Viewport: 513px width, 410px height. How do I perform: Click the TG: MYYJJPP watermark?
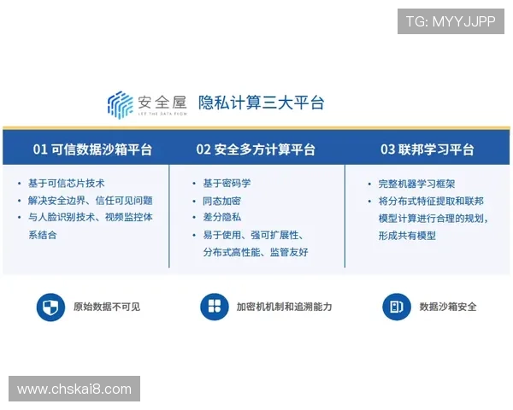tap(451, 21)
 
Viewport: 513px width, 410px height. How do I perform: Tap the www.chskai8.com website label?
tap(74, 389)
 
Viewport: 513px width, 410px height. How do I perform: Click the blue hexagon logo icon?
tap(120, 104)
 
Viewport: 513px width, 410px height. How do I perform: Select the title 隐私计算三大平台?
tap(262, 103)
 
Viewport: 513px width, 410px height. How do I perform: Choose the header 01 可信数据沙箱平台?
tap(92, 149)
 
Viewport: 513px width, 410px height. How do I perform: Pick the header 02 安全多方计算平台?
tap(256, 149)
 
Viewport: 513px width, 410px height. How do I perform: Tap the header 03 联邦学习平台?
tap(427, 149)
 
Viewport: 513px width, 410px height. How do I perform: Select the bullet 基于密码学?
tap(227, 184)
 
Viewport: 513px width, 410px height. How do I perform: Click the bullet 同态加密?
tap(221, 201)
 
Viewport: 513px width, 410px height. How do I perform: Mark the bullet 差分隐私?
tap(221, 218)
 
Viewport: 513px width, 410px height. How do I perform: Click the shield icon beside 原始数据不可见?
tap(50, 307)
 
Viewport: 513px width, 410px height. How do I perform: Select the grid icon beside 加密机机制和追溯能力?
tap(214, 307)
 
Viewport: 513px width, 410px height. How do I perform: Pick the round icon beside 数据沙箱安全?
tap(395, 307)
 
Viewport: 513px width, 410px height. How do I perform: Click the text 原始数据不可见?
tap(106, 307)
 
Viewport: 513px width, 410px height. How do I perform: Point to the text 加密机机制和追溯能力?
tap(284, 307)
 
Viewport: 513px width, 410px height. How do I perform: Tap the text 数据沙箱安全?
tap(448, 307)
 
